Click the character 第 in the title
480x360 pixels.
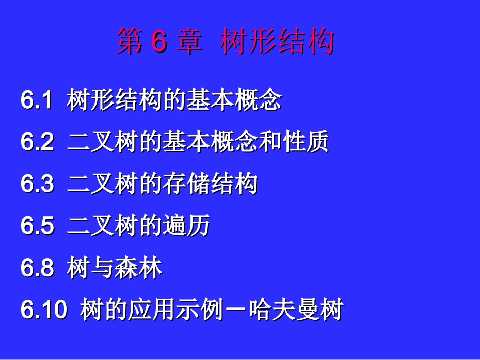(x=129, y=41)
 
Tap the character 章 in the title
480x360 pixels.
(x=189, y=41)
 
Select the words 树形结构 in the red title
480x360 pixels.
(x=277, y=41)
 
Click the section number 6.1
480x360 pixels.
(x=37, y=100)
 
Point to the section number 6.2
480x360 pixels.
(x=37, y=142)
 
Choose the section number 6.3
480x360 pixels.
(x=37, y=184)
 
